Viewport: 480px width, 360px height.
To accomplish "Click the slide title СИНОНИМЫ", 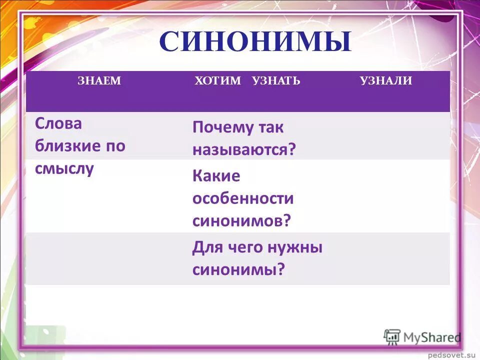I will point(255,42).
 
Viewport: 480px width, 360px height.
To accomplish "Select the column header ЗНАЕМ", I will point(99,81).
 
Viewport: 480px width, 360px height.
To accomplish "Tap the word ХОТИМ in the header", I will point(217,81).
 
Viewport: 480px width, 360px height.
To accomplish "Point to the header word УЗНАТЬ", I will point(276,81).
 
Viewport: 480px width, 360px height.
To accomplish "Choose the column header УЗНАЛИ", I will point(386,81).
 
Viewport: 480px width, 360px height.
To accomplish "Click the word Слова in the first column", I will point(58,124).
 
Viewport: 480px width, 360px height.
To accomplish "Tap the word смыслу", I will point(64,169).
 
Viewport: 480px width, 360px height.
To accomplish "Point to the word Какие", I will point(216,176).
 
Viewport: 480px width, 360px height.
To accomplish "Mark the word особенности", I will point(243,198).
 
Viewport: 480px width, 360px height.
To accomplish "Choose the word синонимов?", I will point(241,220).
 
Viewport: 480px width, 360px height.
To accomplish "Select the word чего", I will point(246,247).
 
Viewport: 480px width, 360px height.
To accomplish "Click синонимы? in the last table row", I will point(238,270).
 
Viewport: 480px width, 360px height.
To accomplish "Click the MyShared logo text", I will point(432,337).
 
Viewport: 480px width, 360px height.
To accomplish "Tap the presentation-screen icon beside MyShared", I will point(392,336).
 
